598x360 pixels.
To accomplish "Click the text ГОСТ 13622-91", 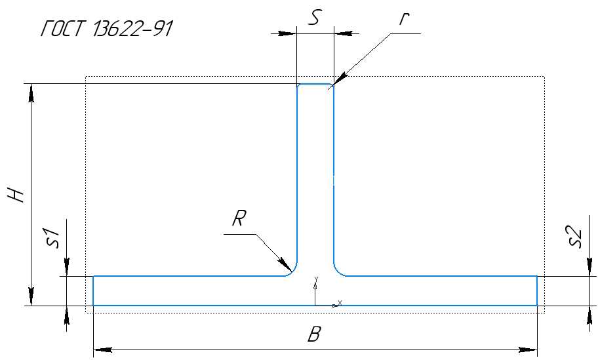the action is (x=107, y=28).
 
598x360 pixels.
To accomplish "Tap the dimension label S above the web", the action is (x=314, y=18).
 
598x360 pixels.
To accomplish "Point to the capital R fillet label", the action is (x=239, y=218).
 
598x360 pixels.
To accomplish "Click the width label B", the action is (x=314, y=334).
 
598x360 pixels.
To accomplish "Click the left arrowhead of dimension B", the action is (x=102, y=350).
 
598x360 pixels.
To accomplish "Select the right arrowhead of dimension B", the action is (x=528, y=350).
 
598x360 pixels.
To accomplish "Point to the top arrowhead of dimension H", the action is (x=31, y=93).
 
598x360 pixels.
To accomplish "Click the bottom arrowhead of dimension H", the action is (x=31, y=296).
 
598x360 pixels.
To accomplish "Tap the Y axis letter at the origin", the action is (x=316, y=279).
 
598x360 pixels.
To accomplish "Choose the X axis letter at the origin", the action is (x=340, y=302).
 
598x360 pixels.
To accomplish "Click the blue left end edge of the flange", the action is (x=94, y=290).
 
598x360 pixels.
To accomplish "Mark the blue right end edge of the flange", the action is (x=537, y=290).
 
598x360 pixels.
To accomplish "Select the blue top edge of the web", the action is (x=315, y=85).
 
